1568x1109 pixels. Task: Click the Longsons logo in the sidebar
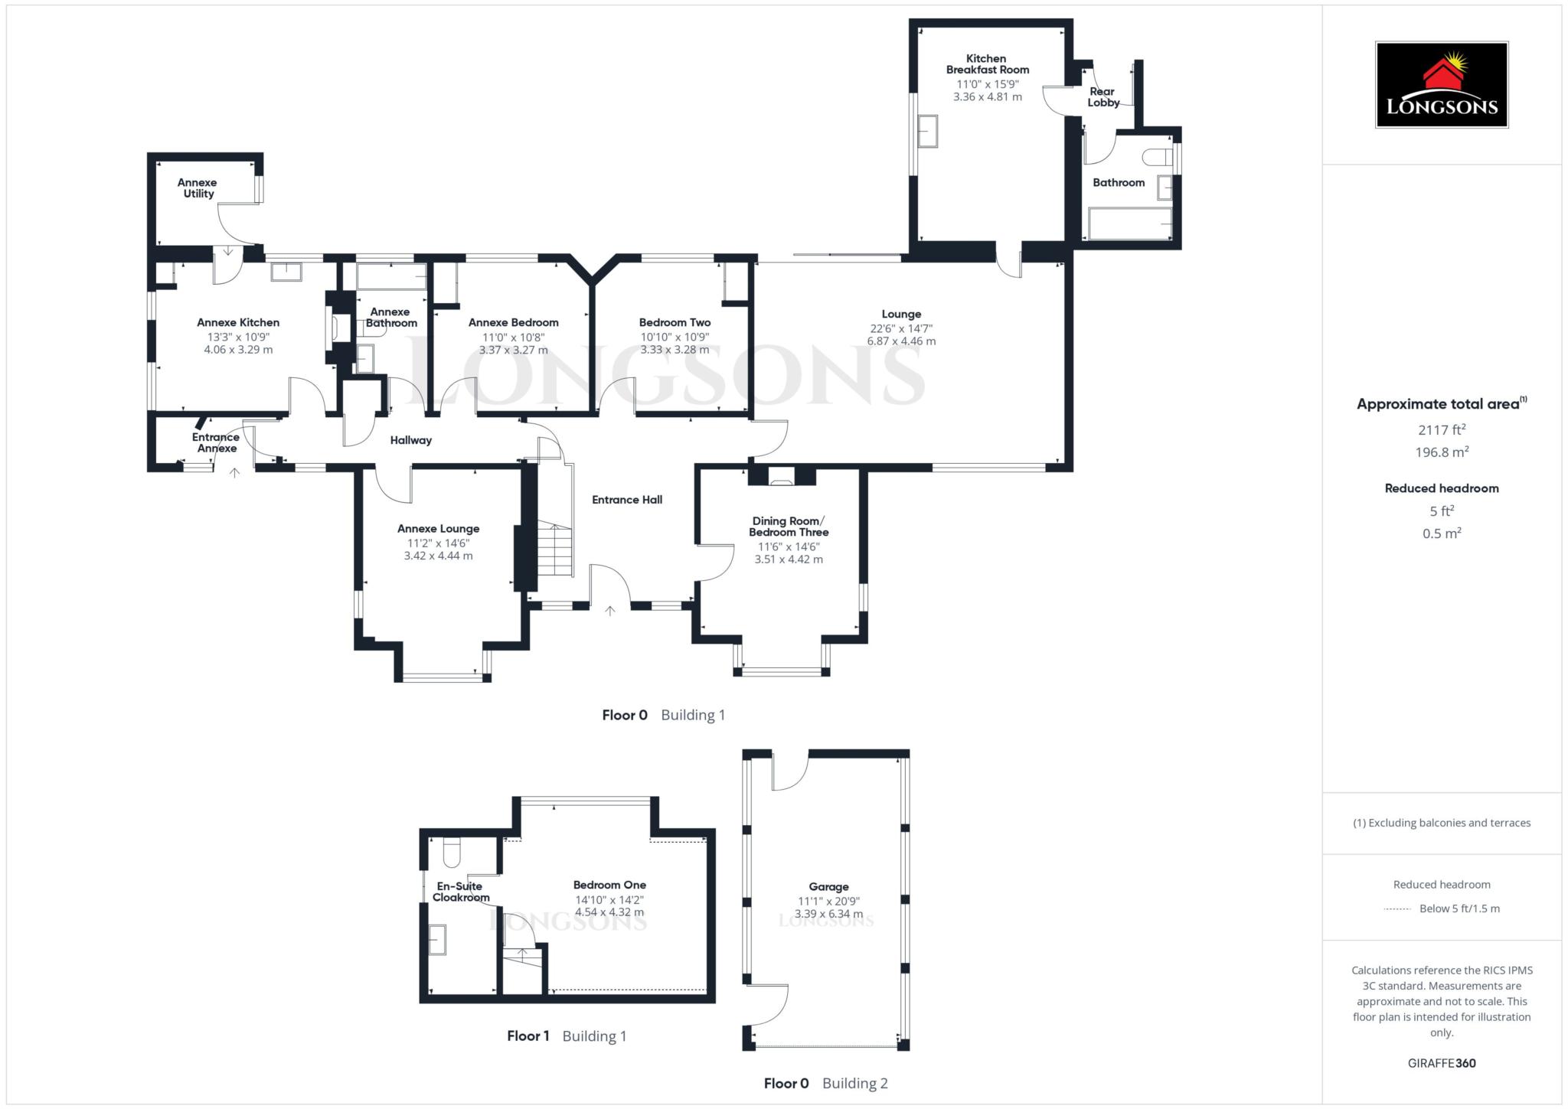tap(1441, 85)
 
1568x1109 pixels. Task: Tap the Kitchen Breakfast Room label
tap(987, 64)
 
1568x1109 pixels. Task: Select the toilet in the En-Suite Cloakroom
tap(451, 851)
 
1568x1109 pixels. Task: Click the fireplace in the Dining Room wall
tap(782, 478)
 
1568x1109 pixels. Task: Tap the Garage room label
tap(828, 887)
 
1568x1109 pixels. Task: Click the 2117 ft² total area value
tap(1442, 430)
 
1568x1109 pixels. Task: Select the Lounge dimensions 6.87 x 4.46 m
tap(901, 341)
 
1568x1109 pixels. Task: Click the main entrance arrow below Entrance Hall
tap(610, 611)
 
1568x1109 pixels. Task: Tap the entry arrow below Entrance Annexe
tap(235, 473)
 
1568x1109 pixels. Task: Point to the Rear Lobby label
tap(1103, 97)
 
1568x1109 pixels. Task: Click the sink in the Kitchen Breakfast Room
tap(928, 131)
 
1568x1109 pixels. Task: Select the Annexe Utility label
tap(198, 188)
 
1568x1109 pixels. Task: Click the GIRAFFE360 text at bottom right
tap(1441, 1063)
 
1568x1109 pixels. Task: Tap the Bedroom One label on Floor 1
tap(609, 885)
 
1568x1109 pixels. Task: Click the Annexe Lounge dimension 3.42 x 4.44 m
tap(438, 556)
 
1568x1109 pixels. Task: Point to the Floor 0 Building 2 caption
tap(825, 1083)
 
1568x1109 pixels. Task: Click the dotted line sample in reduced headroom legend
tap(1397, 909)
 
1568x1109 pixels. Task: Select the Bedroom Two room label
tap(675, 323)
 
